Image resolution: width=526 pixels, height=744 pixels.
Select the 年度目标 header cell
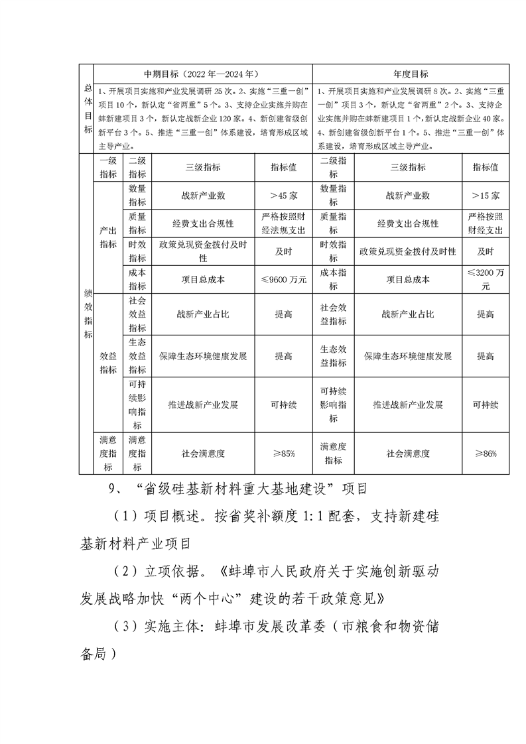pos(411,74)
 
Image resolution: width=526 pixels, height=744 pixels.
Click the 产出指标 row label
pos(107,237)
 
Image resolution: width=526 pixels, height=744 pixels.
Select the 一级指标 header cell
pos(107,168)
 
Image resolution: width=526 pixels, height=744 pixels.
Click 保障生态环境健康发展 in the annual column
pos(408,356)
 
